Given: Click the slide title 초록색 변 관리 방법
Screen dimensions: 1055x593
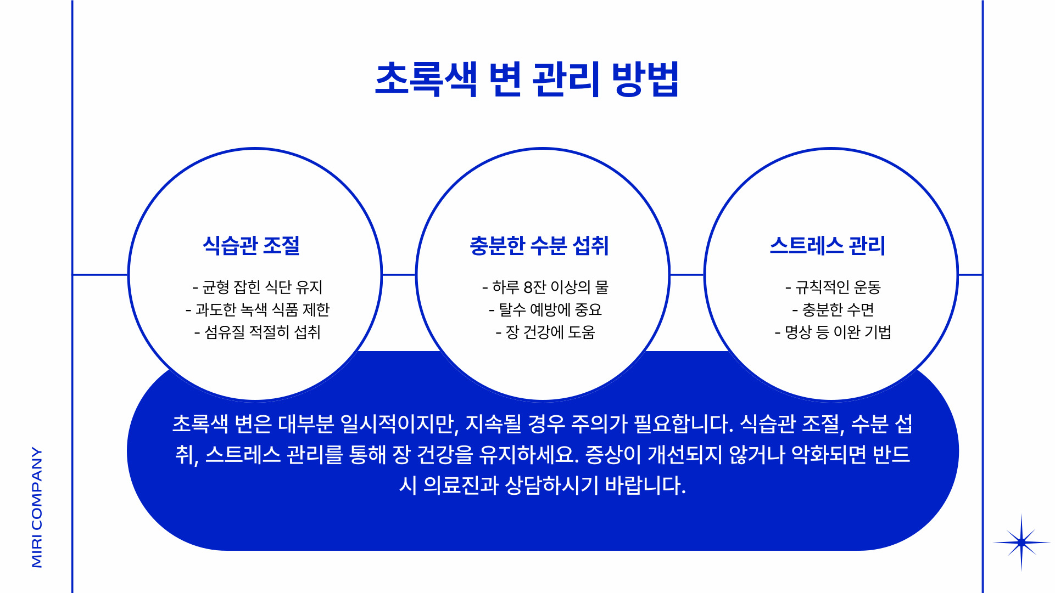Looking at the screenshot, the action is coord(527,80).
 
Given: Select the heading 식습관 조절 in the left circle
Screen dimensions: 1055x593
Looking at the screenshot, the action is coord(252,245).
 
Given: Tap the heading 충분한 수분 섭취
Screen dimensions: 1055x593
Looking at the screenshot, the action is coord(539,245).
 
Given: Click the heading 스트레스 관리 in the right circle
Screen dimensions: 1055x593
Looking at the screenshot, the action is coord(828,245).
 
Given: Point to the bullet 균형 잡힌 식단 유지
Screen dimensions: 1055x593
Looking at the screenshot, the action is coord(258,287).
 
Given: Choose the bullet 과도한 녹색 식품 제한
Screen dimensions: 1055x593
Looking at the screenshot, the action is coord(258,309).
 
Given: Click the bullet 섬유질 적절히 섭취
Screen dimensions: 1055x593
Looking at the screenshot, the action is coord(258,332).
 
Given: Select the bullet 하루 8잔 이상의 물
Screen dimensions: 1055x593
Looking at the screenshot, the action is coord(545,287).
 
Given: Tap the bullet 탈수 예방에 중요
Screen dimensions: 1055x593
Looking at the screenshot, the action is coord(545,309).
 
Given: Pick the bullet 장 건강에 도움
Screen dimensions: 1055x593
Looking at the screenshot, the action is coord(545,332).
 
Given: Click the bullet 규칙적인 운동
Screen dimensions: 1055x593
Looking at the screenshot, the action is coord(833,287).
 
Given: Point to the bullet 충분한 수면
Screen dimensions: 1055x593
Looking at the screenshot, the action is coord(833,309).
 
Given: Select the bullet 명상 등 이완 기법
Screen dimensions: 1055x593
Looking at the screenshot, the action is coord(833,332).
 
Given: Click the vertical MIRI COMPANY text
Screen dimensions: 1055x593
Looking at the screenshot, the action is coord(37,507).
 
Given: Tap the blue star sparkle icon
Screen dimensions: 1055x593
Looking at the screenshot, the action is coord(1021,543).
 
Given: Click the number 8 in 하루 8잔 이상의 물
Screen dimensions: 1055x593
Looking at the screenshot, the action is coord(528,287).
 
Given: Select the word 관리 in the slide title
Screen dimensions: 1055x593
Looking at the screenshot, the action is coord(565,80).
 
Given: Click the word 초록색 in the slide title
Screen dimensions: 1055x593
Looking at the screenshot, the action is coord(426,80).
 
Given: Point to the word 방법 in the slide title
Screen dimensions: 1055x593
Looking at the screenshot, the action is coord(645,80).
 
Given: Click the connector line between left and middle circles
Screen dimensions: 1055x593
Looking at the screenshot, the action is coord(399,274).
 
